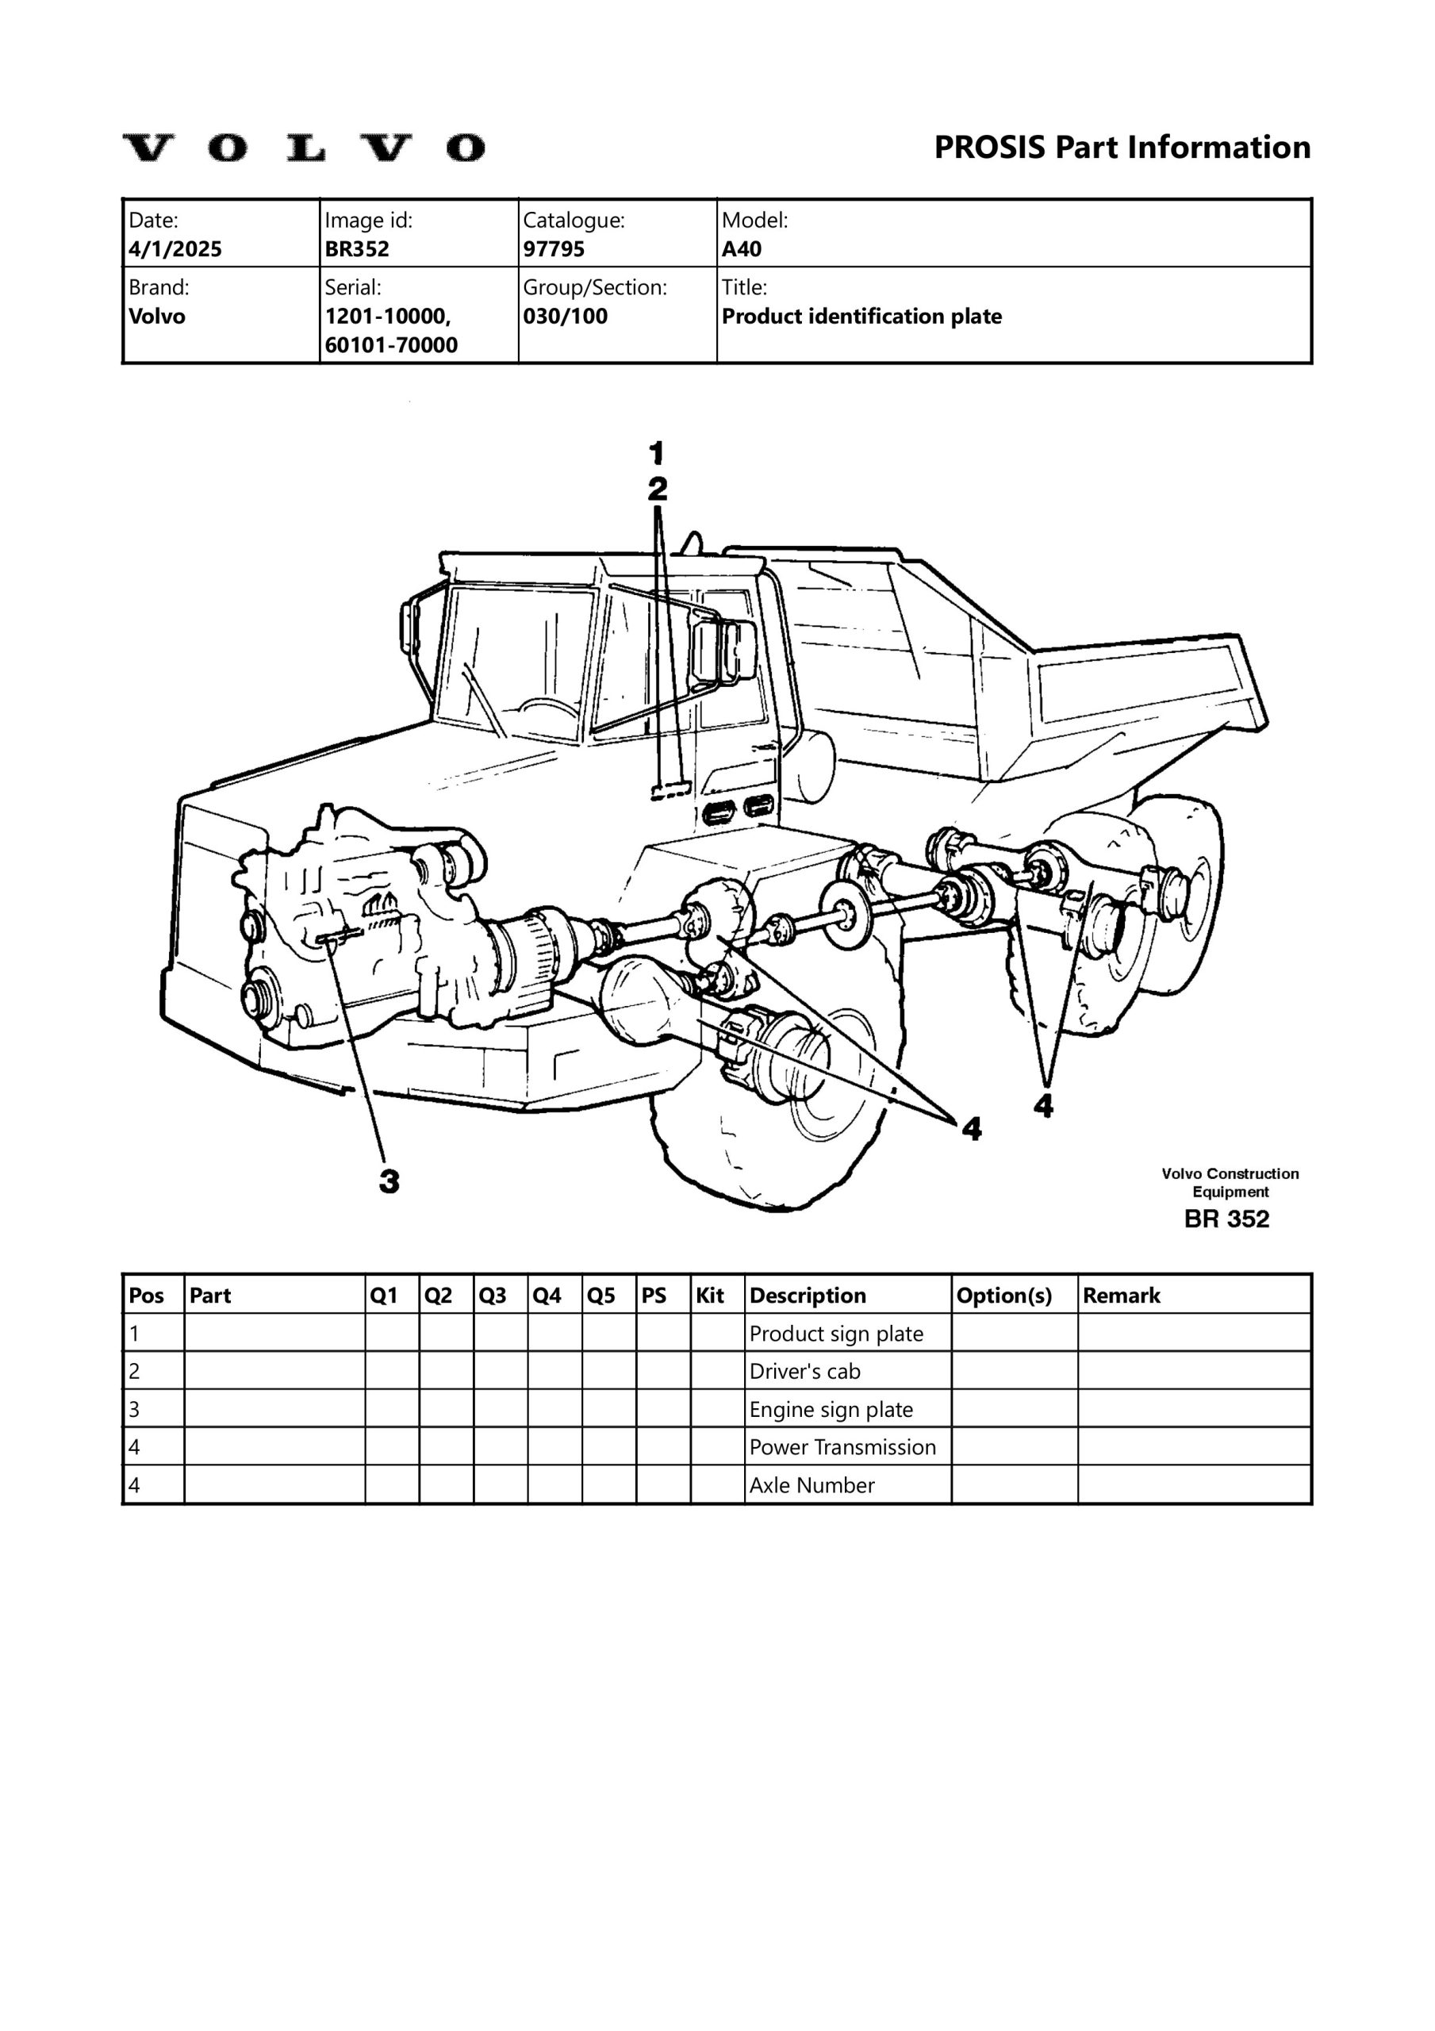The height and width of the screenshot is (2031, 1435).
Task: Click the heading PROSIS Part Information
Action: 1122,147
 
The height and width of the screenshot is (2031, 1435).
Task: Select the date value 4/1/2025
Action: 175,249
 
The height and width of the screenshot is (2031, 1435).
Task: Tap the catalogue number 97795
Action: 553,249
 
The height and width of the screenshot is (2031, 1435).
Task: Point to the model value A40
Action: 742,249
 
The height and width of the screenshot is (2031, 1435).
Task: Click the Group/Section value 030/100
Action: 565,317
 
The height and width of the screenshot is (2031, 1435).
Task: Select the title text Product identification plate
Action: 861,317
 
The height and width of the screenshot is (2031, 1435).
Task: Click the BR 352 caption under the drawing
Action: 1226,1219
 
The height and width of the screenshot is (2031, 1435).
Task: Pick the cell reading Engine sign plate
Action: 831,1410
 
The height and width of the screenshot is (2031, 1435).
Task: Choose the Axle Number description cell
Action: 812,1486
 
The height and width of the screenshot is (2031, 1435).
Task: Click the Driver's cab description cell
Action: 804,1372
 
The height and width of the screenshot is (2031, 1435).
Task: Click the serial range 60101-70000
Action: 391,346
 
